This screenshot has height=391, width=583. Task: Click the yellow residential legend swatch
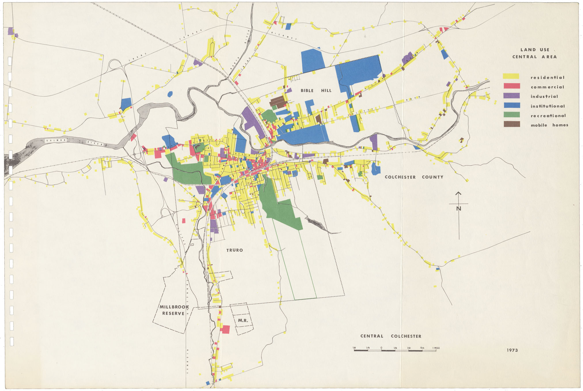coord(511,76)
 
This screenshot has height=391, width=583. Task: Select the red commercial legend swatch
coord(512,86)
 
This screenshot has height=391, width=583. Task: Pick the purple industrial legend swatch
coord(512,96)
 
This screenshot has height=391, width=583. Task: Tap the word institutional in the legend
coord(548,106)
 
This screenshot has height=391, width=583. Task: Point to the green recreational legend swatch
coord(512,115)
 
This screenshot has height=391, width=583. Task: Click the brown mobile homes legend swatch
coord(512,124)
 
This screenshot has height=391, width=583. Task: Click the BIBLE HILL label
coord(316,90)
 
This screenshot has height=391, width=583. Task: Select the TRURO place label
coord(234,250)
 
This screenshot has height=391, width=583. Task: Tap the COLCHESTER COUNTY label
coord(414,177)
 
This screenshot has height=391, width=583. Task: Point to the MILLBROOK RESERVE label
coord(174,310)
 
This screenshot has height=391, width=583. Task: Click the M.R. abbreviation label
coord(243,320)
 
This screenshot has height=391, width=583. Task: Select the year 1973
coord(512,350)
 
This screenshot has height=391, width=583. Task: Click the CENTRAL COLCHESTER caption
coord(390,336)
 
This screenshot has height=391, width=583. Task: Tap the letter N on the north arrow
coord(459,208)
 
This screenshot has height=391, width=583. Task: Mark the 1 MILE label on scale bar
coord(436,348)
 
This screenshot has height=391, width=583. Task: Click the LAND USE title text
coord(535,50)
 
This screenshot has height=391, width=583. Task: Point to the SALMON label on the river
coord(56,140)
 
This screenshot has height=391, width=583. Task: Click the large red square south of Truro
coord(225,329)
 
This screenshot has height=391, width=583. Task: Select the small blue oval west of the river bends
coord(170,94)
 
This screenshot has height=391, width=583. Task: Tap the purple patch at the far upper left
coord(11,31)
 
